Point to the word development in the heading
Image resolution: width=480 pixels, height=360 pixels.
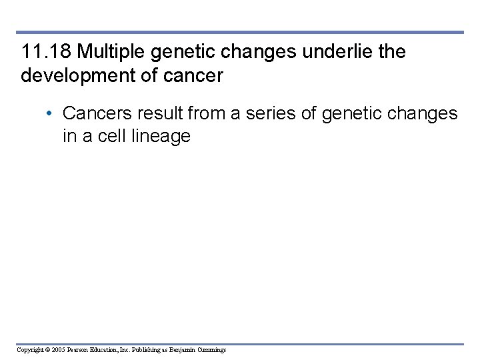tap(79, 76)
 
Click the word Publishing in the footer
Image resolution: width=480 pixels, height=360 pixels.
tap(146, 349)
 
